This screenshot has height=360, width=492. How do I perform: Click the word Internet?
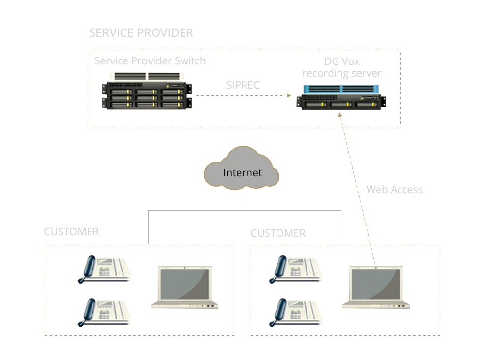242,173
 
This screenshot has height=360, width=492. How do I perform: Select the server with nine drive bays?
147,91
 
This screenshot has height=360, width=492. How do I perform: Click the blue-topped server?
341,97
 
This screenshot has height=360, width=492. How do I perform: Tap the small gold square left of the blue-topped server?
289,95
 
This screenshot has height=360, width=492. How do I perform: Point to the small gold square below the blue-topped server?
339,115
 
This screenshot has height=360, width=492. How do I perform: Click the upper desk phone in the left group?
104,269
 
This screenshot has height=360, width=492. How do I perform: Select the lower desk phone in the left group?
104,312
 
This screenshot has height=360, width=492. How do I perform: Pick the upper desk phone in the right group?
295,269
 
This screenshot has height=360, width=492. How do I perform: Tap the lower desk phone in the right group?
295,312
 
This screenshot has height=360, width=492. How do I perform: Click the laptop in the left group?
184,287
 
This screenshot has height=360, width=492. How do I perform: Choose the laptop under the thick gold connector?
376,287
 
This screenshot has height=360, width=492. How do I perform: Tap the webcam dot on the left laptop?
184,268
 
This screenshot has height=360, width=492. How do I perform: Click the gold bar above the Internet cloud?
240,146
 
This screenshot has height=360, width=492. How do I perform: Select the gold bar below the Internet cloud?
240,190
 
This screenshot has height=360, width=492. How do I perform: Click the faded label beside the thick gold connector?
394,190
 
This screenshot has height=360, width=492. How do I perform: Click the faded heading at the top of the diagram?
141,33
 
